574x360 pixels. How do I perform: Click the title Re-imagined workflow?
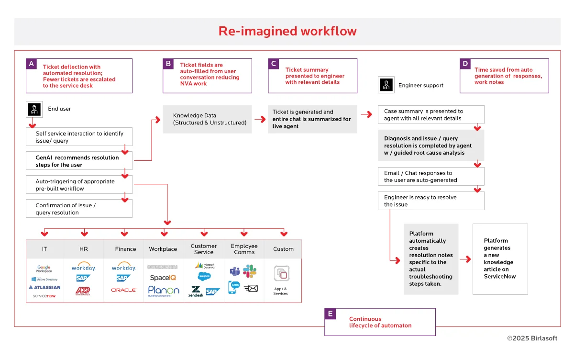287,32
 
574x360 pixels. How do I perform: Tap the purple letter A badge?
32,64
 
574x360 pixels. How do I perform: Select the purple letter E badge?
330,314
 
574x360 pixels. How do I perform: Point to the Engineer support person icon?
386,85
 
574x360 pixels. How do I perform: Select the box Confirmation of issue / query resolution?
79,209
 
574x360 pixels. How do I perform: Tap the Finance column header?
125,249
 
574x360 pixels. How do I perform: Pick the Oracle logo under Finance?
123,290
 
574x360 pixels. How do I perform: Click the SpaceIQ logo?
163,278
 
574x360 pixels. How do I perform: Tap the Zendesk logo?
196,292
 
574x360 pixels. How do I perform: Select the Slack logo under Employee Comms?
250,271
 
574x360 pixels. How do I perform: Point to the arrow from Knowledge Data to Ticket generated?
260,119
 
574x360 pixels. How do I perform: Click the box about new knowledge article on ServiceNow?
500,259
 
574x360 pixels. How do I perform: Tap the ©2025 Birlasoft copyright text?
532,338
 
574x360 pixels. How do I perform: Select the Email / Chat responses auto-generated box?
430,177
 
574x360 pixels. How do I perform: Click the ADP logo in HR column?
83,291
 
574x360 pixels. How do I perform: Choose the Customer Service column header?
204,249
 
